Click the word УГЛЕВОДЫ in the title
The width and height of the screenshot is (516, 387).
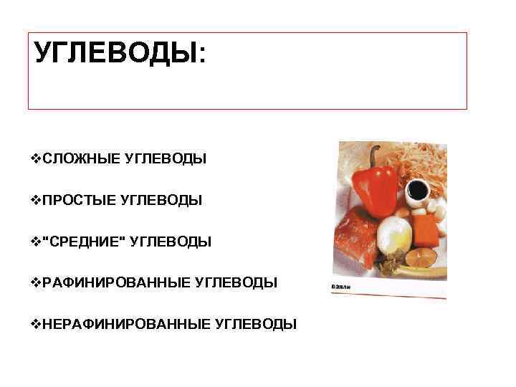(115, 53)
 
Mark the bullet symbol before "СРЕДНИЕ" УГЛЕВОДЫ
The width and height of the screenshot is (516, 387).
(37, 242)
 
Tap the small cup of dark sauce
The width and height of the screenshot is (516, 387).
(419, 191)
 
